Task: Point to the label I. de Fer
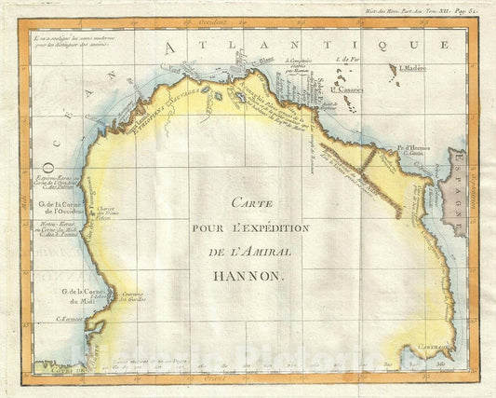tap(346, 59)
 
